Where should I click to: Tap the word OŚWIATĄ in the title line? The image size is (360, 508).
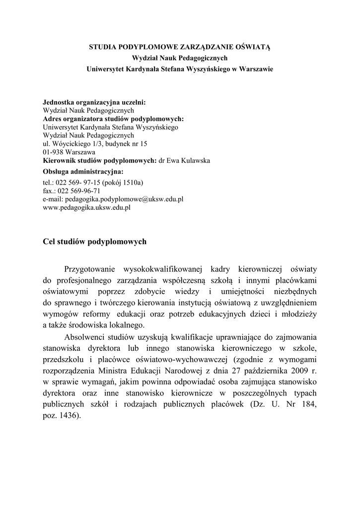(x=248, y=48)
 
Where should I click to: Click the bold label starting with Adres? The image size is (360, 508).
(x=113, y=119)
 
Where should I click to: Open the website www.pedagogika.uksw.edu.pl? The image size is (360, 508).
(x=87, y=208)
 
